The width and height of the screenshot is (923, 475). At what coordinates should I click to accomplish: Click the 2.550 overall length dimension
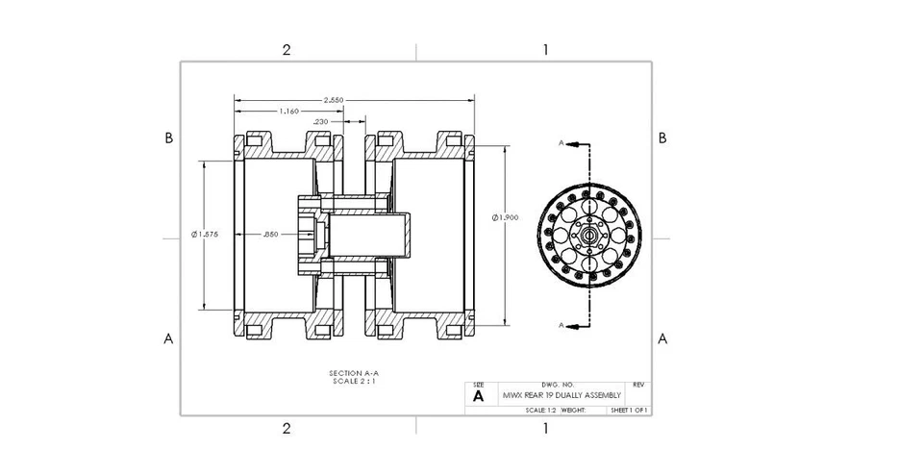[x=335, y=100]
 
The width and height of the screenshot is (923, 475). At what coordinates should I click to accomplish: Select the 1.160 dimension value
[x=288, y=112]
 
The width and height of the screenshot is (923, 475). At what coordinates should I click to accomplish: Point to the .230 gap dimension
[x=321, y=121]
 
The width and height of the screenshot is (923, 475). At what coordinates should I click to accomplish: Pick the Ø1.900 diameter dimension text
[x=506, y=218]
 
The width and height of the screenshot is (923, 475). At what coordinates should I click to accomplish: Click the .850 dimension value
[x=271, y=234]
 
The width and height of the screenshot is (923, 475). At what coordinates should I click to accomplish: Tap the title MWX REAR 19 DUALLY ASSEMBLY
[x=561, y=395]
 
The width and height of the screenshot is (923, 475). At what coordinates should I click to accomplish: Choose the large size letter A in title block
[x=478, y=395]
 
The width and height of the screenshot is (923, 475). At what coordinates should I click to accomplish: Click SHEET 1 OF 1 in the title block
[x=630, y=411]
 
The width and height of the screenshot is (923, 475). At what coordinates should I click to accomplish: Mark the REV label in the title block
[x=638, y=385]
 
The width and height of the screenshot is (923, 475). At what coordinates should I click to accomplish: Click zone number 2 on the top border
[x=286, y=50]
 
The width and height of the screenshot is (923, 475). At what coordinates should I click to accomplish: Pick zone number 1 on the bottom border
[x=545, y=428]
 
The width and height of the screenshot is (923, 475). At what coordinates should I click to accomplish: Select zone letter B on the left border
[x=168, y=137]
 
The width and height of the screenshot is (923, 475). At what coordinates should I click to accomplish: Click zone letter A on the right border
[x=662, y=338]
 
